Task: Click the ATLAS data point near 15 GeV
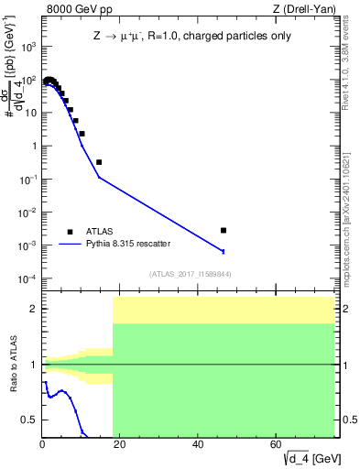click(x=99, y=162)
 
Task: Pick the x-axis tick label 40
click(x=199, y=445)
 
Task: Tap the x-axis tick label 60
click(x=277, y=445)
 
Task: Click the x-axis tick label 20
click(x=121, y=445)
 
